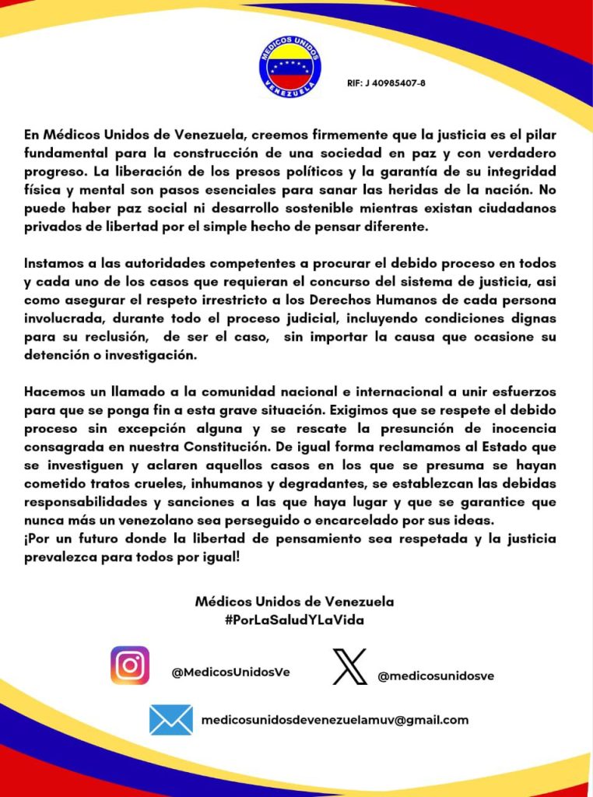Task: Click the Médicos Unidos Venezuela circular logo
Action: (290, 66)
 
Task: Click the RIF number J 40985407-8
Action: (386, 83)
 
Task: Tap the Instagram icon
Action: (130, 665)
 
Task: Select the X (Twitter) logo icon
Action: (349, 666)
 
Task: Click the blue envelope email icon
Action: (171, 720)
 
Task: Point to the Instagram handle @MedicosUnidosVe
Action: (230, 672)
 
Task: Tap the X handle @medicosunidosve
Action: (436, 676)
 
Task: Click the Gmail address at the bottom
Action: (335, 720)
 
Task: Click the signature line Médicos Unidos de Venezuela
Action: (295, 602)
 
